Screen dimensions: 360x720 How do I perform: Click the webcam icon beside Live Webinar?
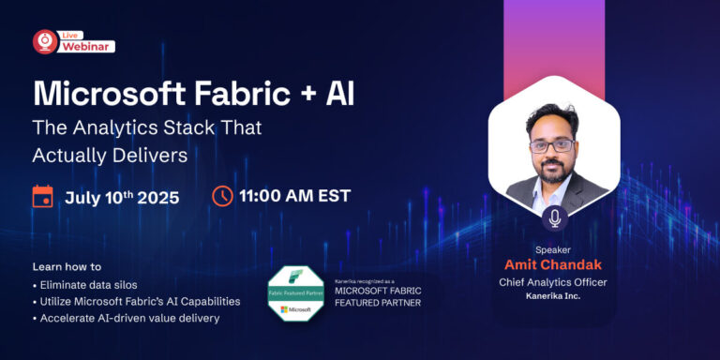point(45,41)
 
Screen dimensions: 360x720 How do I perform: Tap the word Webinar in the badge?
point(87,46)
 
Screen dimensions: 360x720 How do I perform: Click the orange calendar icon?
point(42,196)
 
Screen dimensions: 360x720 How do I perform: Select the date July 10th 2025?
point(122,197)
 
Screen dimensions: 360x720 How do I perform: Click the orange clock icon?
point(222,196)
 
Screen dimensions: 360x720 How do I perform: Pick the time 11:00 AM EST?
point(294,196)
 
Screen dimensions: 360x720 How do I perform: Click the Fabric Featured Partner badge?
point(295,293)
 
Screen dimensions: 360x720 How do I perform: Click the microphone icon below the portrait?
point(554,217)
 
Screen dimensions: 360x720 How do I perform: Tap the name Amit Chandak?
point(553,265)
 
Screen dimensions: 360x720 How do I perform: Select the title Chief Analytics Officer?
point(553,282)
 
